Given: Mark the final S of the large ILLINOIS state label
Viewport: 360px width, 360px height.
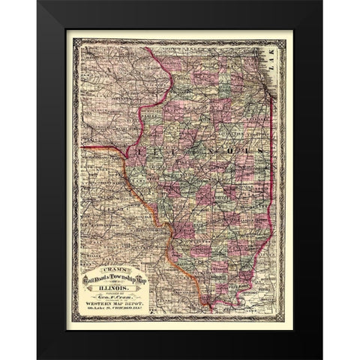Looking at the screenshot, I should point(260,150).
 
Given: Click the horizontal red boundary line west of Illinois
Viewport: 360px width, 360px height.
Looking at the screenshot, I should point(97,147).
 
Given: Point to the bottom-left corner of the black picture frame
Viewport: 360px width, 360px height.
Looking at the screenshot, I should point(37,358).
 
